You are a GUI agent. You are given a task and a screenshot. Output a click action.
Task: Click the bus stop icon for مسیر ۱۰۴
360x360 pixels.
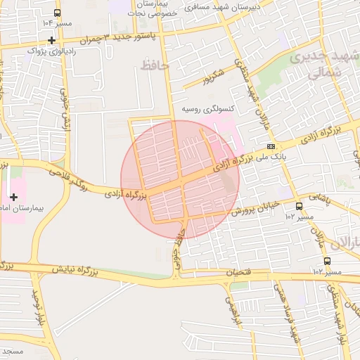click(x=57, y=13)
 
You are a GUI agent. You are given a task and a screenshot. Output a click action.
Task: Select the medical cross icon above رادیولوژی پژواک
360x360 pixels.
click(x=51, y=40)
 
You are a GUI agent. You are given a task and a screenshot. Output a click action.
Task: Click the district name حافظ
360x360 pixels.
click(x=156, y=65)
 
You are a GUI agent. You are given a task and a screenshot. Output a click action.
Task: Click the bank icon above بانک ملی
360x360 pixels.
click(x=271, y=146)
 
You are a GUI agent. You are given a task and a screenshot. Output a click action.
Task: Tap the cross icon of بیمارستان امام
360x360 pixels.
click(x=13, y=196)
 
